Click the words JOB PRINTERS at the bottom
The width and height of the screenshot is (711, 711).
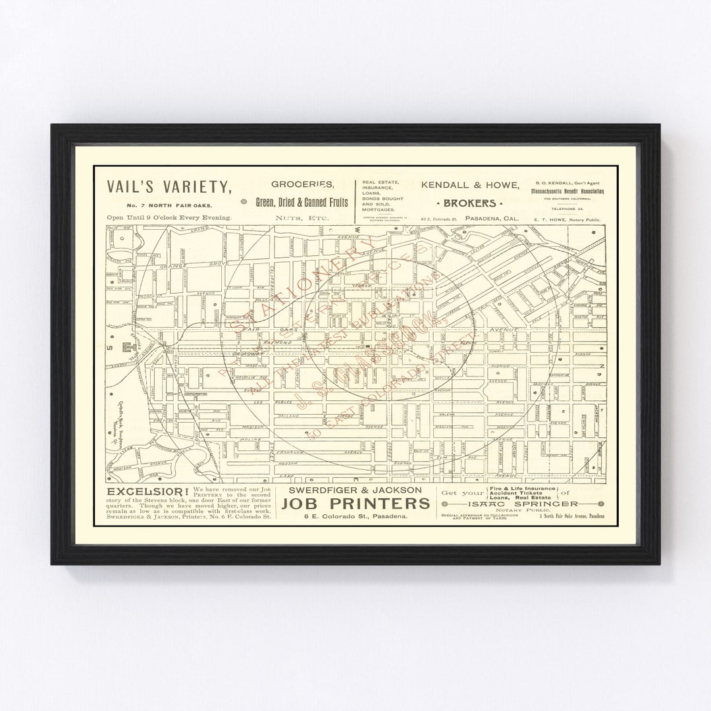[355, 504]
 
